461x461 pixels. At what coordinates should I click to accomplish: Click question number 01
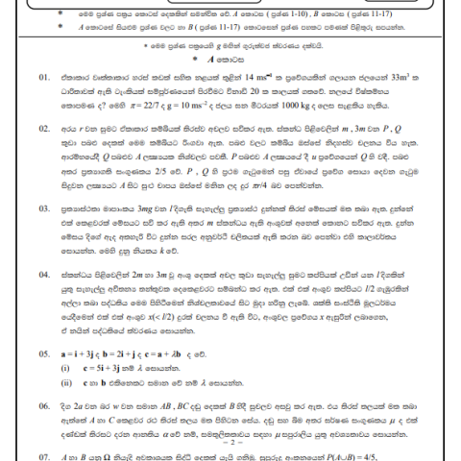tap(45, 75)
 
